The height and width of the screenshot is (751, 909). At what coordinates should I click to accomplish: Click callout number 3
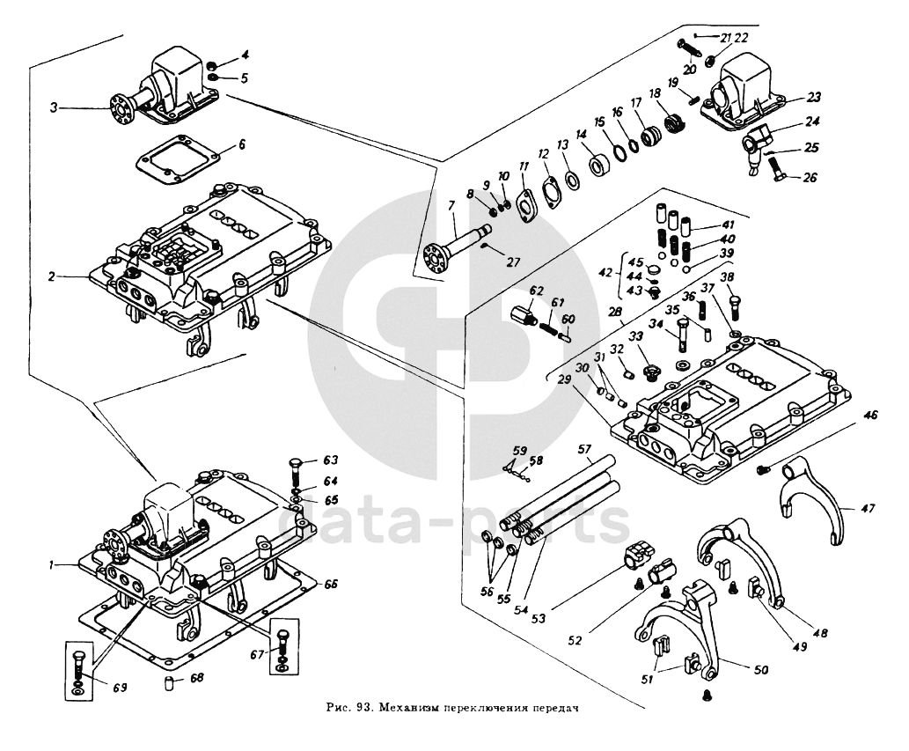[54, 107]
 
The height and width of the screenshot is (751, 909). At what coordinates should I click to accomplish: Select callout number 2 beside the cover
[53, 276]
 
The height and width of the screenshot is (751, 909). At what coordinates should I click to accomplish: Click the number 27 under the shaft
[514, 261]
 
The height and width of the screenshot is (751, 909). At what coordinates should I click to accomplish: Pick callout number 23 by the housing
[813, 98]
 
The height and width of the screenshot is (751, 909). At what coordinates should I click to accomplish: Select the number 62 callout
[537, 290]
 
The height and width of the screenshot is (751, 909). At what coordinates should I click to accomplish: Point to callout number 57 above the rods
[583, 450]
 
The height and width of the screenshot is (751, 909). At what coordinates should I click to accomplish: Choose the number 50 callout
[760, 670]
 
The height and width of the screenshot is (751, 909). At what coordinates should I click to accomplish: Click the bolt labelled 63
[297, 468]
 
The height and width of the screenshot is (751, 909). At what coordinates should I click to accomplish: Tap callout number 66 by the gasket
[332, 584]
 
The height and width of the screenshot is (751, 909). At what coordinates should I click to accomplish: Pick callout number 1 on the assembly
[53, 563]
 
